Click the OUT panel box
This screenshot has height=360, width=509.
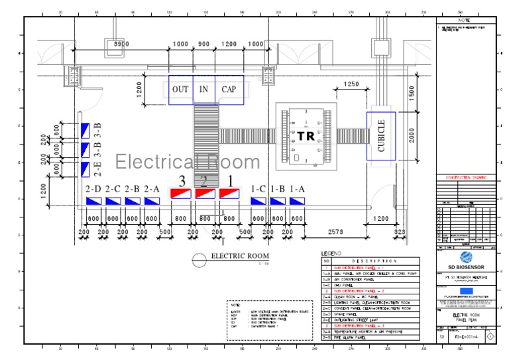pyautogui.click(x=180, y=90)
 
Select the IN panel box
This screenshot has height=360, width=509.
pyautogui.click(x=204, y=90)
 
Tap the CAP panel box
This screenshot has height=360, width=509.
pyautogui.click(x=229, y=90)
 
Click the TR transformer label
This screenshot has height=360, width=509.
pyautogui.click(x=305, y=135)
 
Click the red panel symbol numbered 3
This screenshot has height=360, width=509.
pyautogui.click(x=181, y=193)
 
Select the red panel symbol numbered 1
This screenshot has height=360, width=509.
pyautogui.click(x=229, y=193)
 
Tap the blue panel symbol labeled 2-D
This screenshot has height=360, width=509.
pyautogui.click(x=93, y=201)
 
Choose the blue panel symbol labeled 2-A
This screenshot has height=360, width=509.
pyautogui.click(x=152, y=201)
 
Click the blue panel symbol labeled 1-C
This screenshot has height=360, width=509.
pyautogui.click(x=258, y=201)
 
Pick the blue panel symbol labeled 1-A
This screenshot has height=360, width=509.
pyautogui.click(x=296, y=201)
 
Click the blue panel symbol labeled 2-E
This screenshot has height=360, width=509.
pyautogui.click(x=85, y=169)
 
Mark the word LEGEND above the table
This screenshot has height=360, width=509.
pyautogui.click(x=331, y=253)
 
